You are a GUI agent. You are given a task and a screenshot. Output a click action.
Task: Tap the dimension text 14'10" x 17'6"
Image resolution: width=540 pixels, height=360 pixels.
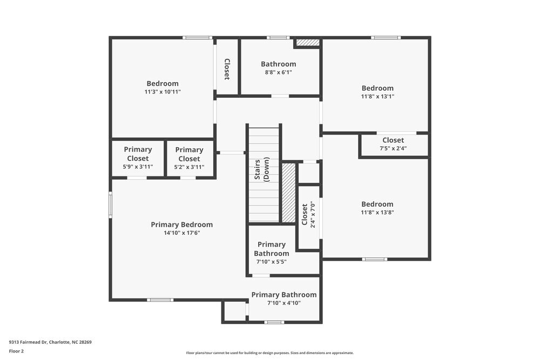point(182,233)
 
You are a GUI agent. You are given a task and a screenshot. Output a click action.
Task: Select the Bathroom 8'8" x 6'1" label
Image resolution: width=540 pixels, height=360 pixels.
point(278,67)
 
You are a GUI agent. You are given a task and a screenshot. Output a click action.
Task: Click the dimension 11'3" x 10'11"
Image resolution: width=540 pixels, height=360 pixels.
point(163,92)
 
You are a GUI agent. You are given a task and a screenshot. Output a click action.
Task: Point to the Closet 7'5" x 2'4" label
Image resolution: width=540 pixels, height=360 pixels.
point(393,144)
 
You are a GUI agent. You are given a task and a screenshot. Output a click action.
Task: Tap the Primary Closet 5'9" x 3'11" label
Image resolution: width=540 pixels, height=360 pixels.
point(138,158)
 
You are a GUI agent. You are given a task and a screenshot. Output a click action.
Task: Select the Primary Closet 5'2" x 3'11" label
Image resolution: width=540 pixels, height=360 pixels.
point(189,158)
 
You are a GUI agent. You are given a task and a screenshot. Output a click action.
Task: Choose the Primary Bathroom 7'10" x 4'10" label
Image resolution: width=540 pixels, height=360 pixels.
point(284,298)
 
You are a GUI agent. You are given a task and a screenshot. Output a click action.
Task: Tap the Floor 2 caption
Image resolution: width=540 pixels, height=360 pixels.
point(16,351)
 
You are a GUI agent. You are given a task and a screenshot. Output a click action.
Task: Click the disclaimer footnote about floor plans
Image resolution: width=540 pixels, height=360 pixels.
point(270,352)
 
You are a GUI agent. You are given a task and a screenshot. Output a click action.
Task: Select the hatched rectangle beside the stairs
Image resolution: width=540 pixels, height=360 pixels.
point(289,193)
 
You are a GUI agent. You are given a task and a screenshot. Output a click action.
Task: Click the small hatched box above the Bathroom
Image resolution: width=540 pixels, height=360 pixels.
point(308,42)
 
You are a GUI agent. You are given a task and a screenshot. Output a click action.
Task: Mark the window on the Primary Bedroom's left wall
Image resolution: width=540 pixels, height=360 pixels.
point(110,205)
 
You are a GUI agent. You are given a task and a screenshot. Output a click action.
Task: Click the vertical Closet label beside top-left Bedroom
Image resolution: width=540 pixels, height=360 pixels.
point(227,69)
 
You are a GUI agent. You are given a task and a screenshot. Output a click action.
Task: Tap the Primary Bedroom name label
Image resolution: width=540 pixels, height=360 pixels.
point(182,225)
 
